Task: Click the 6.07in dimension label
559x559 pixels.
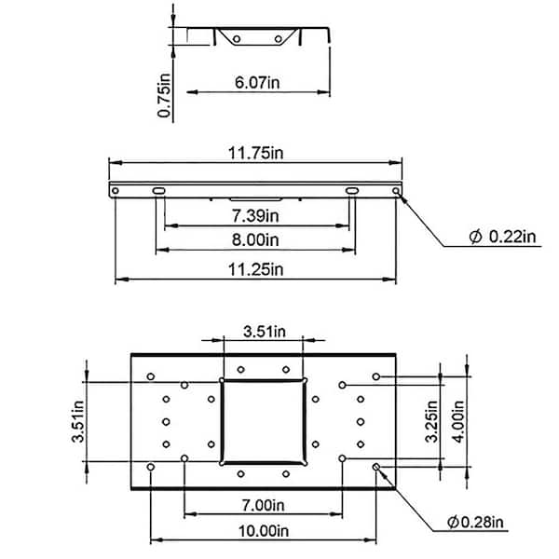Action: click(257, 83)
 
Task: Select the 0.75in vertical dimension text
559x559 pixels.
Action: click(164, 96)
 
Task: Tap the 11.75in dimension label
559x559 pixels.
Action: click(255, 154)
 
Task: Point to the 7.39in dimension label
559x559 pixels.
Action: click(255, 216)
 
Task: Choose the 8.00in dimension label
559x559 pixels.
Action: click(255, 240)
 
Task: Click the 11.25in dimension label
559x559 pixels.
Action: click(255, 269)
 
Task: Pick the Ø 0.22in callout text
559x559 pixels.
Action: click(502, 237)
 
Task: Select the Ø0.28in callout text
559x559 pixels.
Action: click(475, 523)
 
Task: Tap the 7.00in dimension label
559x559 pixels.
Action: click(263, 505)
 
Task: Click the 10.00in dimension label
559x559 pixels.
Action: click(263, 531)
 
